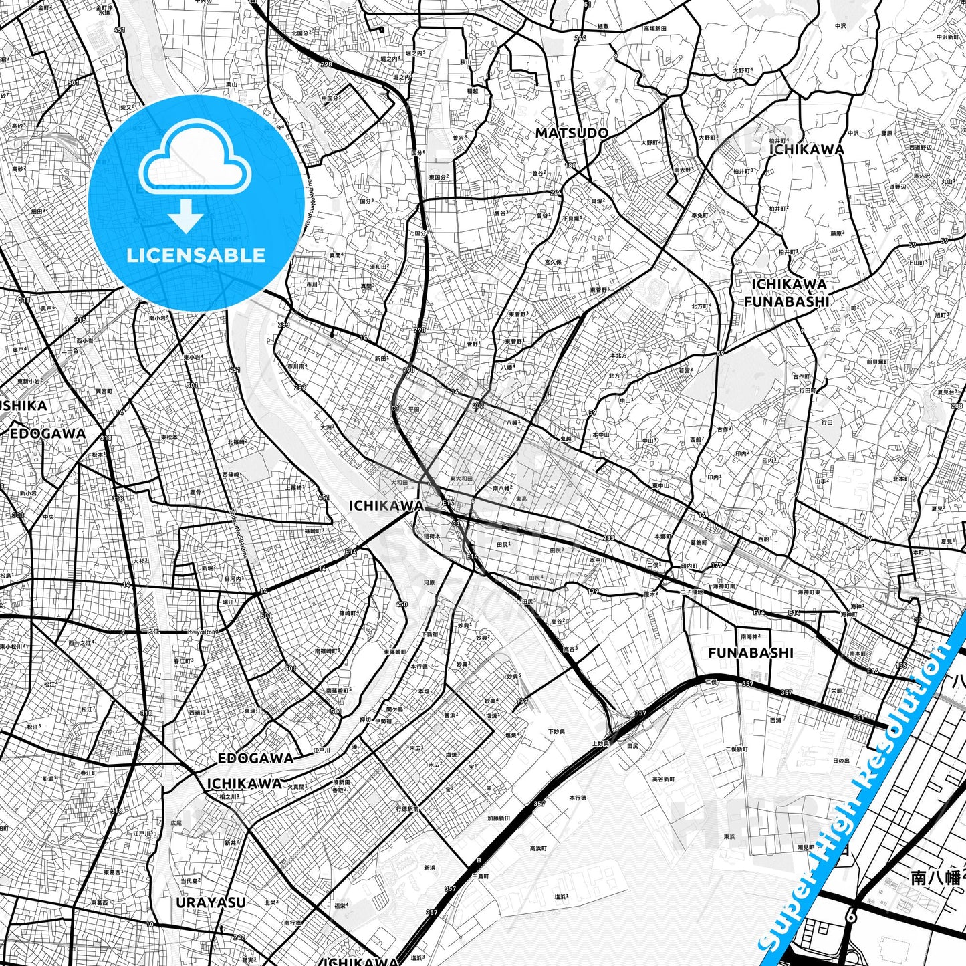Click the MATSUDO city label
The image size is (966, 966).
(572, 133)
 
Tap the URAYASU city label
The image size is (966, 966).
(211, 902)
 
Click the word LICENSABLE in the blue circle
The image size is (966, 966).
(196, 255)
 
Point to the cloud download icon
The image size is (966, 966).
(195, 175)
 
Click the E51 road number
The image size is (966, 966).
(858, 717)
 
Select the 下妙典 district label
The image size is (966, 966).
(556, 732)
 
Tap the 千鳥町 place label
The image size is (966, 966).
(481, 875)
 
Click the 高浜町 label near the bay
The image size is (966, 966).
(538, 848)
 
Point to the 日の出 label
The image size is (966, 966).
(841, 761)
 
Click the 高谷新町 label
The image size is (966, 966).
(663, 779)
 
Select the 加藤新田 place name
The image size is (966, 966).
(499, 818)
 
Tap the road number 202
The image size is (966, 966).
(477, 406)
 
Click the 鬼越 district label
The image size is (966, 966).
(566, 439)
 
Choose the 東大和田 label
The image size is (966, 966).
(461, 479)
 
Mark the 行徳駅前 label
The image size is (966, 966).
(407, 808)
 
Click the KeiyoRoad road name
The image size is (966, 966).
(202, 632)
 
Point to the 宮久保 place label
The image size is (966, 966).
(553, 262)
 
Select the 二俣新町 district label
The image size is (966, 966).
(737, 749)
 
